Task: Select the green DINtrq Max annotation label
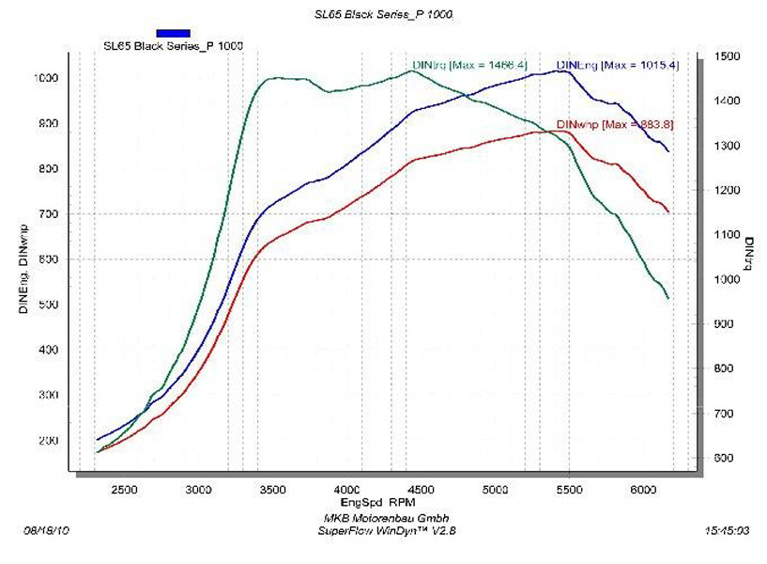(469, 65)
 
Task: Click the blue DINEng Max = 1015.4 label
(617, 65)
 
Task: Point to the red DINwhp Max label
(616, 124)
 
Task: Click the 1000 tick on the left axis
(47, 78)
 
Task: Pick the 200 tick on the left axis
(47, 440)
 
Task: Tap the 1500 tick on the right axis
(726, 56)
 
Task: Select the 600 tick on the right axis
(723, 458)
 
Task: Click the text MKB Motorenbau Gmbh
(385, 519)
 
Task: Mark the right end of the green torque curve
(667, 299)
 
